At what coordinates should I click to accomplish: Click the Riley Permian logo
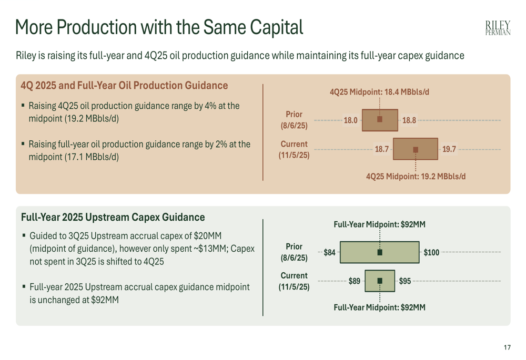click(498, 28)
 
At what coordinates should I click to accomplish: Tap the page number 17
click(507, 347)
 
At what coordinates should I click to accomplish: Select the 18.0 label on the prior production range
click(350, 120)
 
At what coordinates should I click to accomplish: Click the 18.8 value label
click(409, 120)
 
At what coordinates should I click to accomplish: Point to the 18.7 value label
click(382, 149)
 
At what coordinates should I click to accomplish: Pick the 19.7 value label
click(449, 149)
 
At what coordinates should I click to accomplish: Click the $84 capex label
click(329, 252)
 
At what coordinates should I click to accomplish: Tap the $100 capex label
click(431, 252)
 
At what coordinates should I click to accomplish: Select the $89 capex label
click(355, 281)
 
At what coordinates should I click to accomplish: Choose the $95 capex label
click(405, 281)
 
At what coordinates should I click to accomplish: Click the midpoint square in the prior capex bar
click(380, 252)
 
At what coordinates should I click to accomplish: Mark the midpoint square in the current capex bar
click(380, 281)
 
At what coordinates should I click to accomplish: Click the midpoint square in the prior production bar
click(380, 119)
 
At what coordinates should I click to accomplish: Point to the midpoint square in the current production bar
click(416, 149)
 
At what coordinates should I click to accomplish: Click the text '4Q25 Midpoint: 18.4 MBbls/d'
click(379, 92)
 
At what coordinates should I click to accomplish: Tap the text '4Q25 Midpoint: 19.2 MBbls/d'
click(416, 177)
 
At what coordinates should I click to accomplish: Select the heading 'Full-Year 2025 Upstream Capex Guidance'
click(113, 217)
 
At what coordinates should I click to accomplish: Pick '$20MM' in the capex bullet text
click(208, 236)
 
